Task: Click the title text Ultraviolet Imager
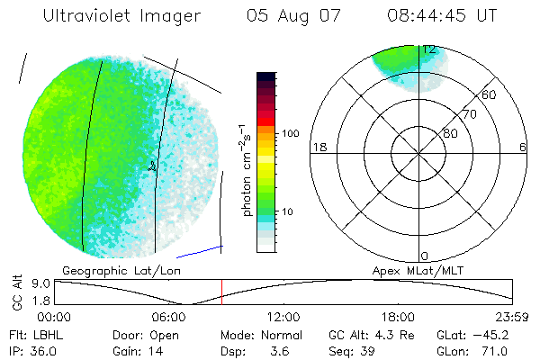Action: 109,16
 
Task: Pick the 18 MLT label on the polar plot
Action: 318,147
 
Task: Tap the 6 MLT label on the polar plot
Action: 523,147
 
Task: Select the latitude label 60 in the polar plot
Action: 490,94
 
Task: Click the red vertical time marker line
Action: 221,292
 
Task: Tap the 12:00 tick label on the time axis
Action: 283,316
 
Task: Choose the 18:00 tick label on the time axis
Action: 398,316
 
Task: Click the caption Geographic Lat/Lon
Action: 108,269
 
